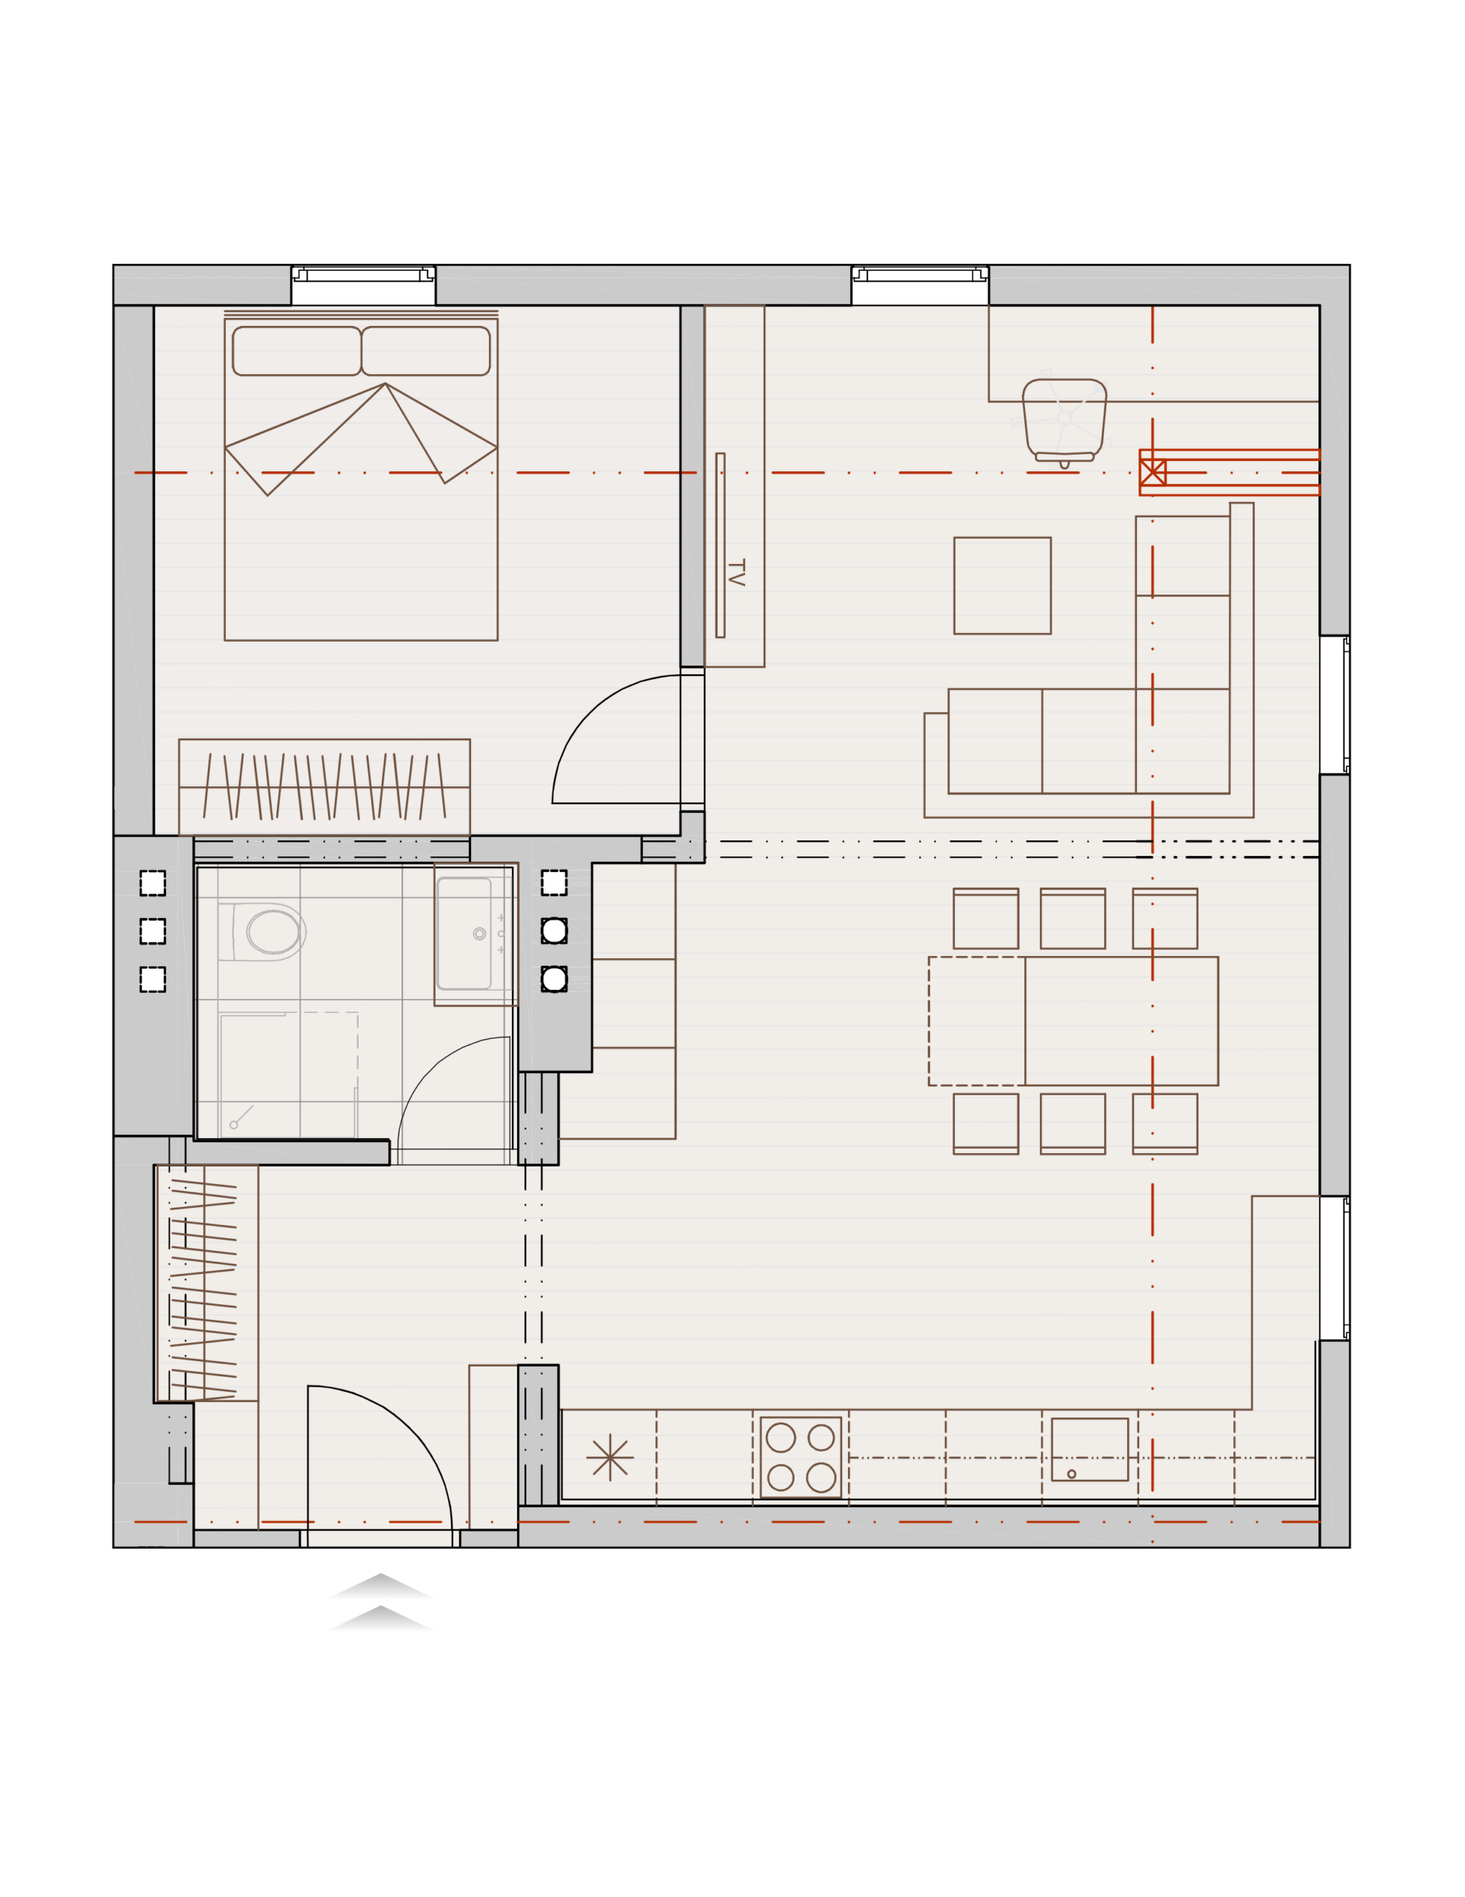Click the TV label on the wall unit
coord(735,572)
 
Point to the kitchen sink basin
coord(1089,1449)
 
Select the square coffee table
coord(1002,585)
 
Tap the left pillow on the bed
coord(297,351)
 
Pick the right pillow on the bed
coord(426,351)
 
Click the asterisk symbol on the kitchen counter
coord(610,1458)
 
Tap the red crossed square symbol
coord(1152,473)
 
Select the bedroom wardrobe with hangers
coord(324,787)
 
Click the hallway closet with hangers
coord(206,1282)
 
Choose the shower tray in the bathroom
coord(288,1075)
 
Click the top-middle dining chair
coord(1072,918)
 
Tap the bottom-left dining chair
coord(986,1124)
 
